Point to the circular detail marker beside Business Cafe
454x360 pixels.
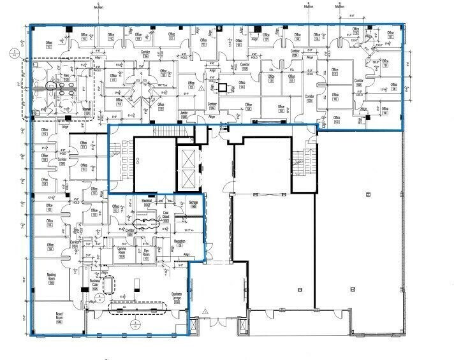click(101, 296)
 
